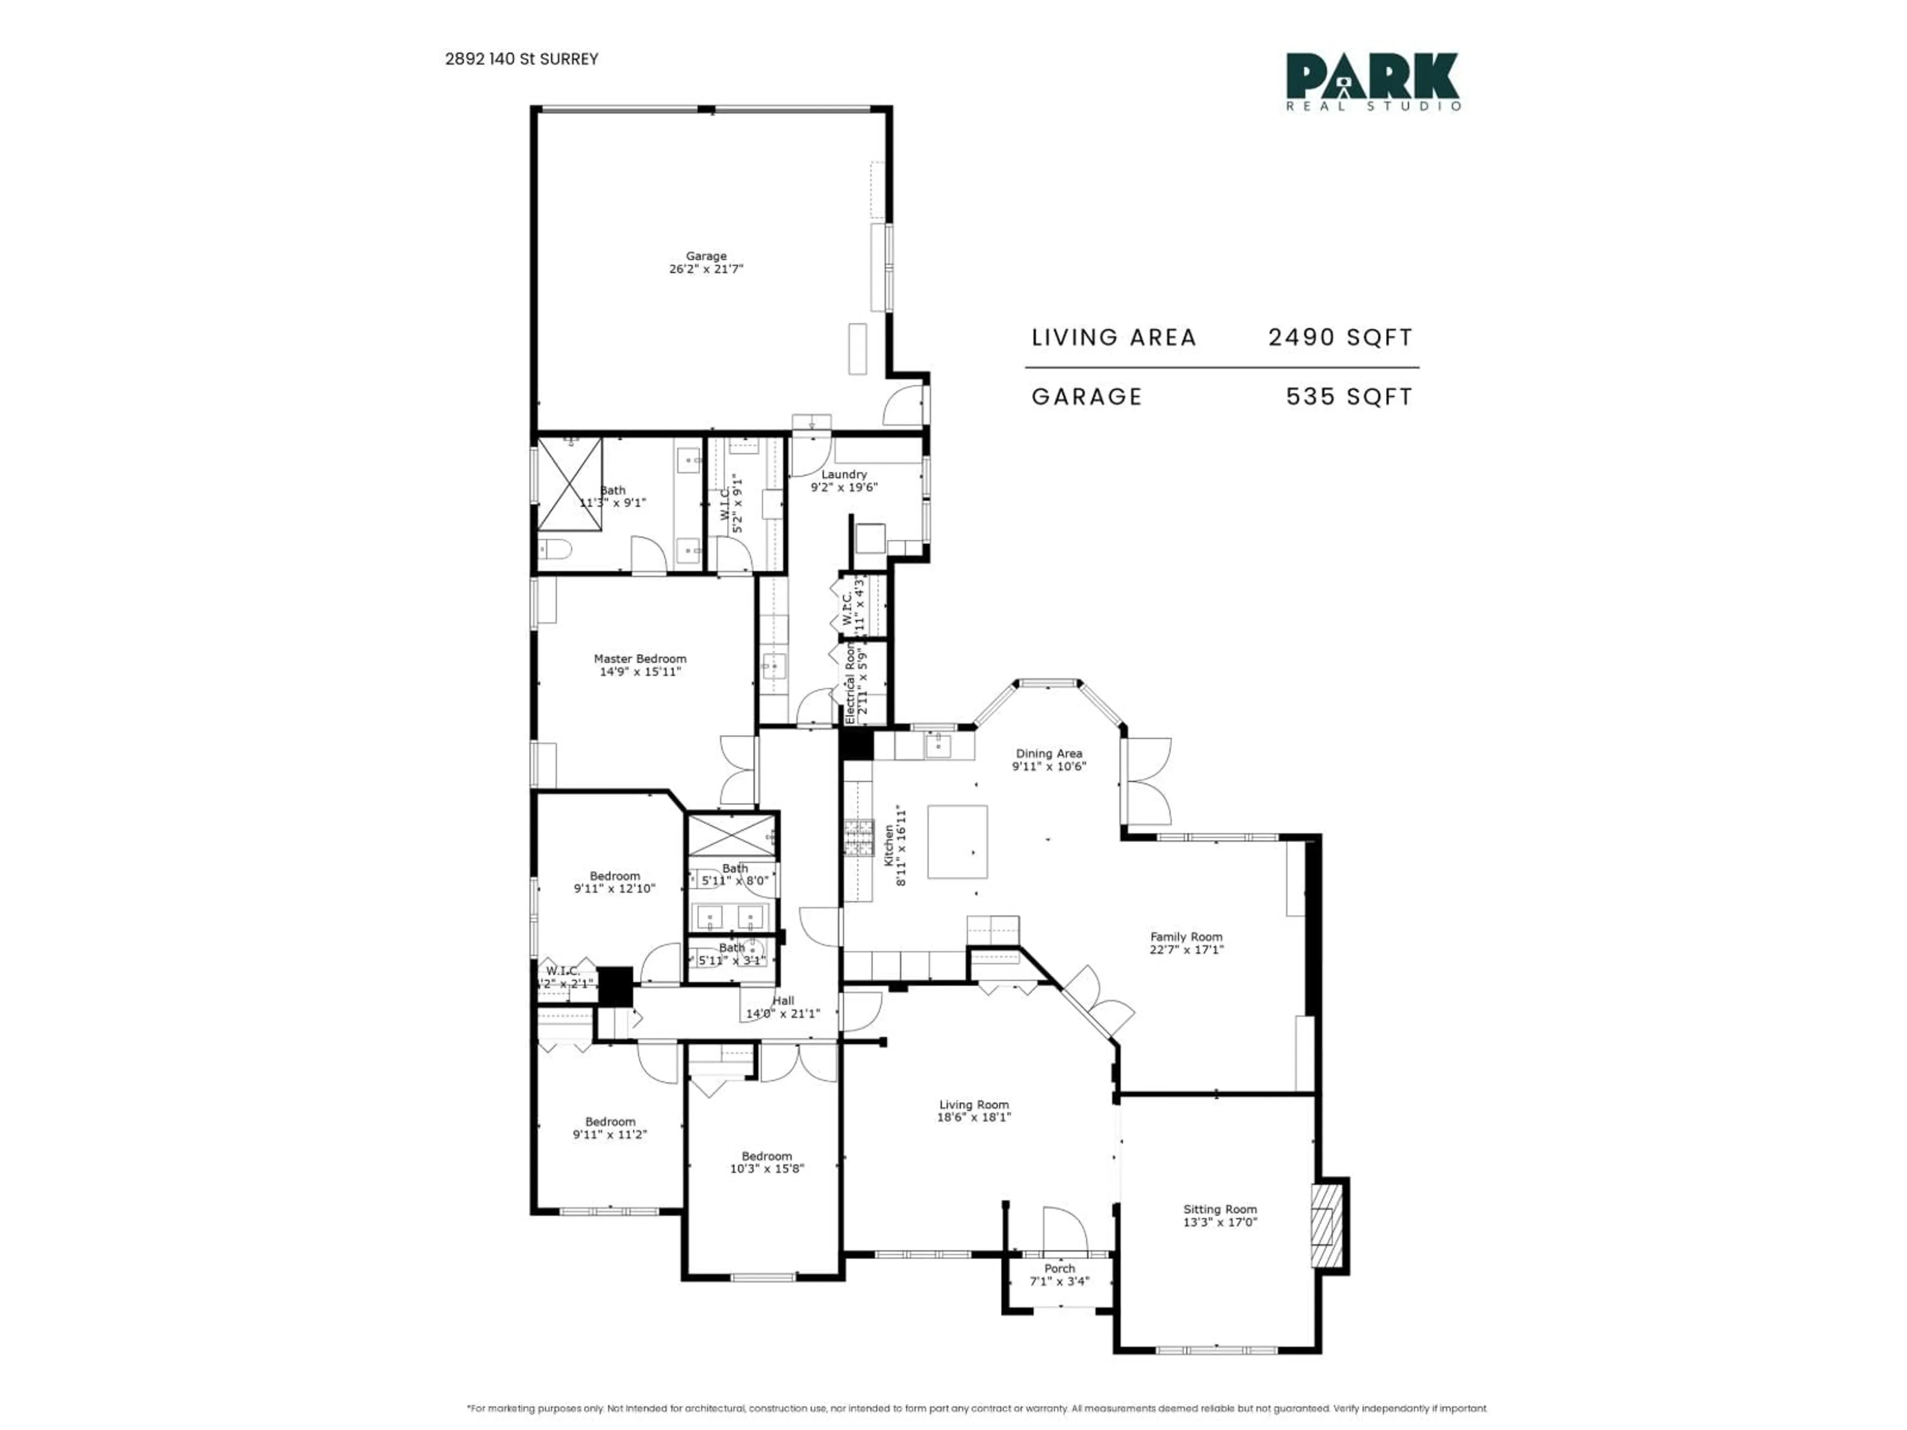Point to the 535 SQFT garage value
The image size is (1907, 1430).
pyautogui.click(x=1349, y=397)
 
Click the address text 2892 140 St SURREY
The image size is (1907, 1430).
pyautogui.click(x=521, y=59)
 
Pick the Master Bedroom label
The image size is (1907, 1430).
pyautogui.click(x=640, y=658)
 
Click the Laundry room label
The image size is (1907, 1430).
pyautogui.click(x=843, y=474)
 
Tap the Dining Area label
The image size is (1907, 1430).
pyautogui.click(x=1048, y=753)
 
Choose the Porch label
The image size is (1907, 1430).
pyautogui.click(x=1060, y=1268)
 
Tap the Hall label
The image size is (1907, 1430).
pyautogui.click(x=783, y=1001)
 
